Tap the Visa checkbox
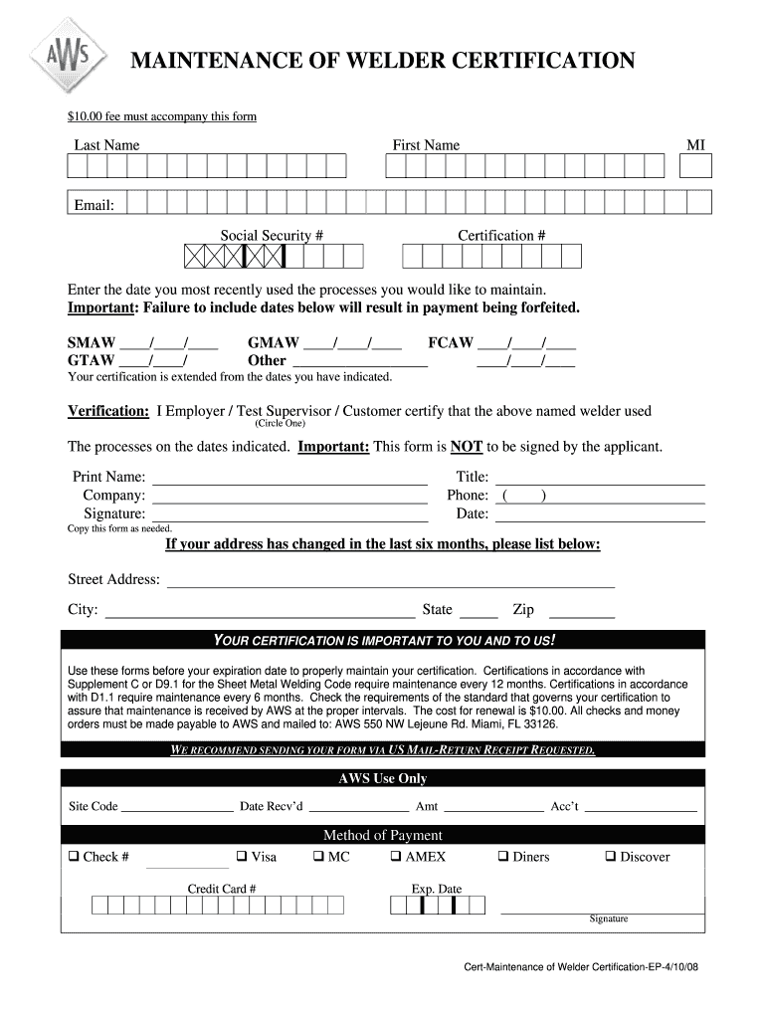click(241, 856)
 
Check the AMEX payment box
click(395, 856)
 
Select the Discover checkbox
click(610, 856)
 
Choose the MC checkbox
click(317, 856)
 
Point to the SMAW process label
click(91, 343)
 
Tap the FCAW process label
click(450, 343)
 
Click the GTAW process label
click(91, 360)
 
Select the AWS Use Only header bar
click(383, 778)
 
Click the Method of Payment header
click(383, 835)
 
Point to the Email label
click(94, 205)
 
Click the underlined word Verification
click(108, 411)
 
